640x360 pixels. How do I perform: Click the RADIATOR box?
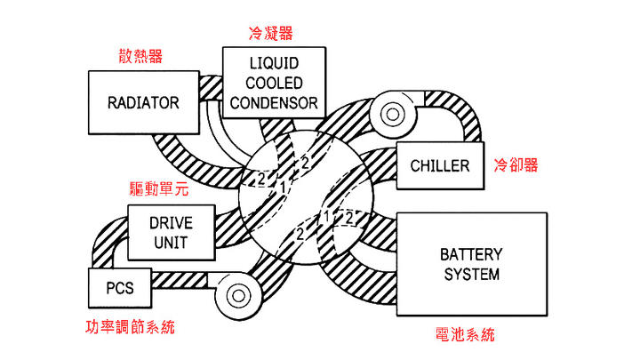[142, 101]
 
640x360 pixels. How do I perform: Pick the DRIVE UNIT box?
[172, 230]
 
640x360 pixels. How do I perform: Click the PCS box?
[119, 288]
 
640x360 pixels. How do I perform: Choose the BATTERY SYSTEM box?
[470, 264]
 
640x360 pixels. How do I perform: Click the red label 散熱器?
[140, 56]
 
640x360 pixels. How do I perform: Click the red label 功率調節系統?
[131, 327]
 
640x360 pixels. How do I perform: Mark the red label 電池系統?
[466, 335]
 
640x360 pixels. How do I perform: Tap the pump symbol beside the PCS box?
[237, 292]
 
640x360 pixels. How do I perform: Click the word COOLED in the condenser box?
[273, 84]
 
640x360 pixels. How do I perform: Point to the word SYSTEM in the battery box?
[470, 274]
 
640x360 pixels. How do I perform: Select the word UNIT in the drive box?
[171, 240]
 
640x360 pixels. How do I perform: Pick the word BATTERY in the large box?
[470, 254]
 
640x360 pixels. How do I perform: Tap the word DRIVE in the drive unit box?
[171, 221]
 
